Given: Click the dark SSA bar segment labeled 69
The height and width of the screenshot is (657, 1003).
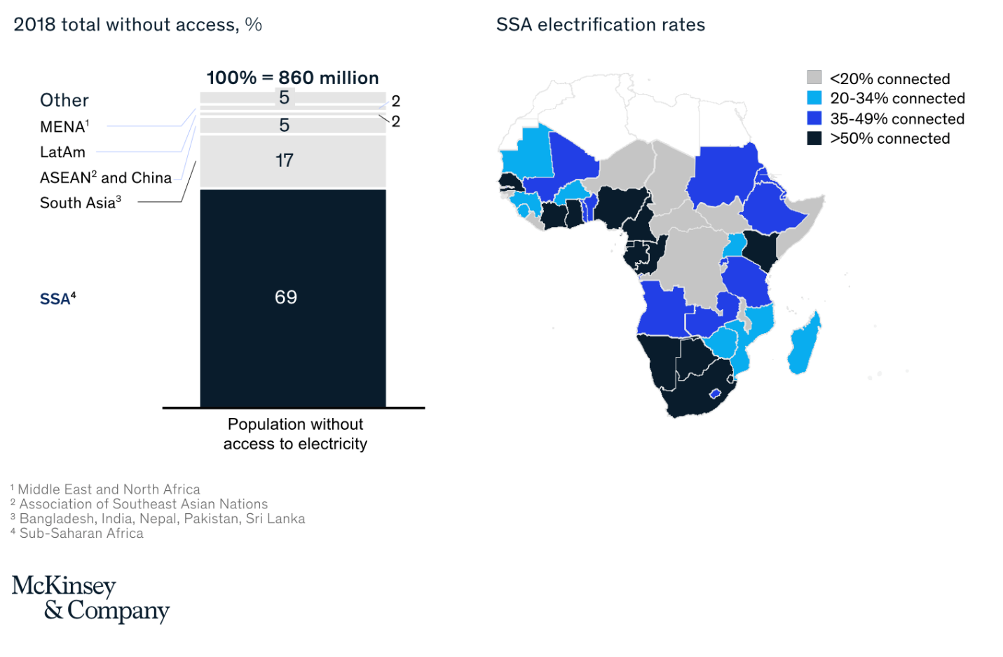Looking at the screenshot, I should point(292,297).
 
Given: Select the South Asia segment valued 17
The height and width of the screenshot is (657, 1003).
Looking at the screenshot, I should point(292,161).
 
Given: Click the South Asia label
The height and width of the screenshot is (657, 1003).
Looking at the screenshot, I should point(80,203).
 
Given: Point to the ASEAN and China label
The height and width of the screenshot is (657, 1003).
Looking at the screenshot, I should point(105,177).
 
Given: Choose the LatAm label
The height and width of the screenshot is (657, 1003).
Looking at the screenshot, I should point(62,152).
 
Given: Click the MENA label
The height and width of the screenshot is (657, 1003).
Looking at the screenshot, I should point(64,127).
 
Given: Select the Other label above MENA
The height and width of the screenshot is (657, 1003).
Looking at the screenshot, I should point(64,100).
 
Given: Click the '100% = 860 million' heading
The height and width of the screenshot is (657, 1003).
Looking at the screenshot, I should point(292,78).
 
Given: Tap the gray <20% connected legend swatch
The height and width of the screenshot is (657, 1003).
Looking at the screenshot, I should point(814,78).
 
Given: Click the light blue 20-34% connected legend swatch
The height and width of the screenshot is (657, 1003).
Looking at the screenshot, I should point(814,98).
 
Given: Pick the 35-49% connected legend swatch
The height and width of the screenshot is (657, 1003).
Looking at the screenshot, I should point(814,118).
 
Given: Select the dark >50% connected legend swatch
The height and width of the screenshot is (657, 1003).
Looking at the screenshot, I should point(814,138).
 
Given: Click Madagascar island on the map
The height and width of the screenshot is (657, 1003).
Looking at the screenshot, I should point(804,346).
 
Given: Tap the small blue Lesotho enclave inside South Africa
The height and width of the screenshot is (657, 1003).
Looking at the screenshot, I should point(715,393).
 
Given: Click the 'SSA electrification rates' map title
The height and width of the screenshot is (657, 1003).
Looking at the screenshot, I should point(600,25).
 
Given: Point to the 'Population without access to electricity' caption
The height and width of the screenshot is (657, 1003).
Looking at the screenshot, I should point(295,434).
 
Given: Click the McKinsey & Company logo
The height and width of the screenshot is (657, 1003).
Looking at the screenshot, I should point(90,598).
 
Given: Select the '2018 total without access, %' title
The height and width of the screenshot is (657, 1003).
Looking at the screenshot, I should point(137,25).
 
